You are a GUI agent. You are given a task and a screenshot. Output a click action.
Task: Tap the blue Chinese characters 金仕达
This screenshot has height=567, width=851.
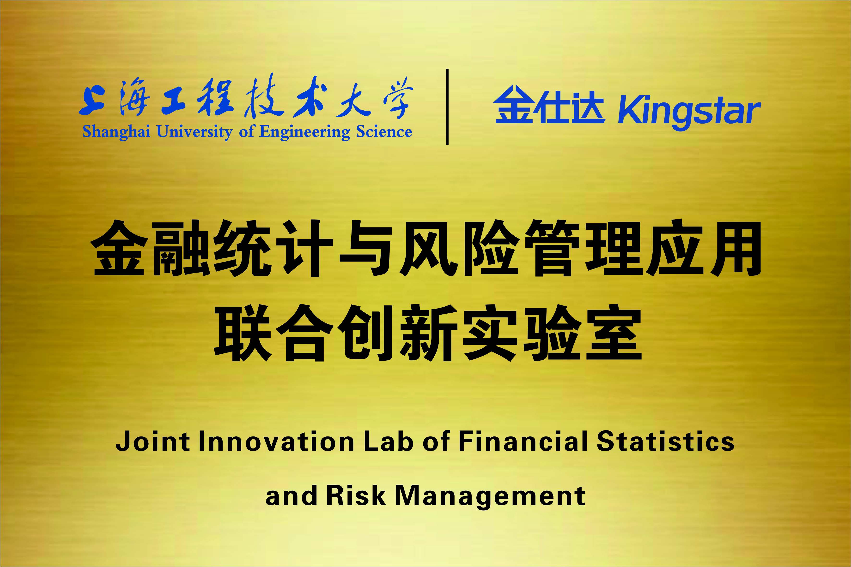[548, 105]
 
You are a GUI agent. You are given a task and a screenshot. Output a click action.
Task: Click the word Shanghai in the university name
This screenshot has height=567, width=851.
[116, 132]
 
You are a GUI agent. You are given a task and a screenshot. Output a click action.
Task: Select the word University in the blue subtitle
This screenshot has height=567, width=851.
[194, 132]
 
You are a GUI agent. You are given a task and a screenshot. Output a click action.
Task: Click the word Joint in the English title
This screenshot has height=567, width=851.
[152, 441]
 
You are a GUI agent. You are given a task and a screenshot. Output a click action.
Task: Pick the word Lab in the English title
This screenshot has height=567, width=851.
[389, 441]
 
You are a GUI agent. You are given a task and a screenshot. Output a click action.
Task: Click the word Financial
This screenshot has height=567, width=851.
[523, 441]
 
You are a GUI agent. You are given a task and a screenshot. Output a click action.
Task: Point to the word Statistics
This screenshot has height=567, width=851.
[665, 441]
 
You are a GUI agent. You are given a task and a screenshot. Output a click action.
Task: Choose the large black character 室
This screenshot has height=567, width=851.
[614, 332]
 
